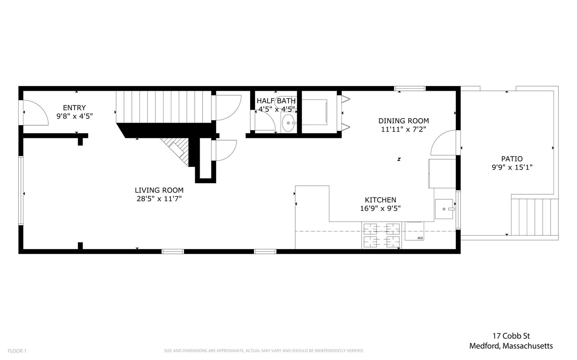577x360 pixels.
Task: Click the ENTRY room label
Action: (74, 107)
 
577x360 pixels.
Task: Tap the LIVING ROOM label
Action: (159, 190)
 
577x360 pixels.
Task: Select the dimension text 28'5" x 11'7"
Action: (159, 199)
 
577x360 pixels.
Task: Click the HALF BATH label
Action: (276, 101)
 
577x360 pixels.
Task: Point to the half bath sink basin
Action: (288, 123)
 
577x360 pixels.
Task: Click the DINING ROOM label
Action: (404, 121)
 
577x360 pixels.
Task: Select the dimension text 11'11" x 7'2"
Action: (404, 129)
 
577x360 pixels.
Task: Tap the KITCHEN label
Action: (380, 200)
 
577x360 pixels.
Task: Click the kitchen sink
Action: (444, 209)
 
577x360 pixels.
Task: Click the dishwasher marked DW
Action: (414, 231)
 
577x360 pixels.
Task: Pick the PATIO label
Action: (512, 159)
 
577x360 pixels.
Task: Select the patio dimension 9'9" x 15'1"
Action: (512, 167)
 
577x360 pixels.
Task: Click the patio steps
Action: (535, 217)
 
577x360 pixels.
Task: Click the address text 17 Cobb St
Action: (511, 336)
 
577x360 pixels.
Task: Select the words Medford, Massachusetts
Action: (511, 346)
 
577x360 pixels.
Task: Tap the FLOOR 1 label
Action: (17, 351)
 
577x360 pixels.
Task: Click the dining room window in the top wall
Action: (410, 89)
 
